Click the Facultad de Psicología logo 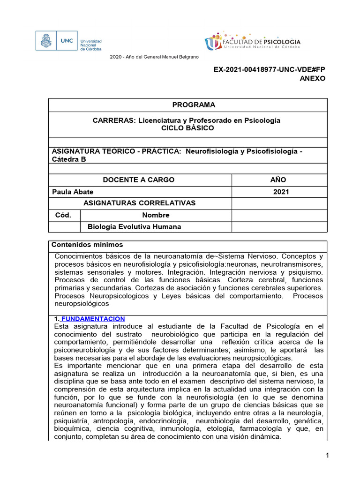252,42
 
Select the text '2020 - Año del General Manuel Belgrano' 154,57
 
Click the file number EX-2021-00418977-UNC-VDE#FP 269,69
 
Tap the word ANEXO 312,78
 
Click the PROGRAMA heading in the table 186,105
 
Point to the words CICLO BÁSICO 186,127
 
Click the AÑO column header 278,180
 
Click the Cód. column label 63,215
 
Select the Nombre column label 156,215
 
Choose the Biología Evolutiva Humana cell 134,227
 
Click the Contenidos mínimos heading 87,244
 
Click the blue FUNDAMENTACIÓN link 93,319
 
